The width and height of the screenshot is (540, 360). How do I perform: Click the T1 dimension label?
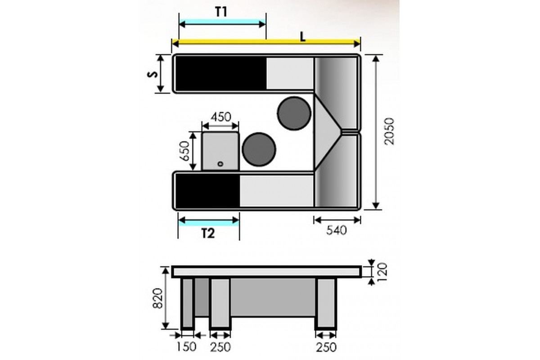pos(221,12)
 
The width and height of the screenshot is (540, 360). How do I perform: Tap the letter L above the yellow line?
pos(302,36)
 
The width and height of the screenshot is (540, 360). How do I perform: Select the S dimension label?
pos(153,74)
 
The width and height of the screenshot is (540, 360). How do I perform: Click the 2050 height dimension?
pos(389,131)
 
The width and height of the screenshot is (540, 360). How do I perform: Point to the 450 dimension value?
pos(221,117)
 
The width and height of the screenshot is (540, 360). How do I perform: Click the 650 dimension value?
pos(185,151)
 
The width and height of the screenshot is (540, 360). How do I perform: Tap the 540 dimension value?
pos(336,230)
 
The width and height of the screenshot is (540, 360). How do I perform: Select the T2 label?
pos(208,234)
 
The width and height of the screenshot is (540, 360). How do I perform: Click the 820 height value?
pos(158,298)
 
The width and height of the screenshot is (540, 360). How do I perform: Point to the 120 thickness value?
pos(382,272)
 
